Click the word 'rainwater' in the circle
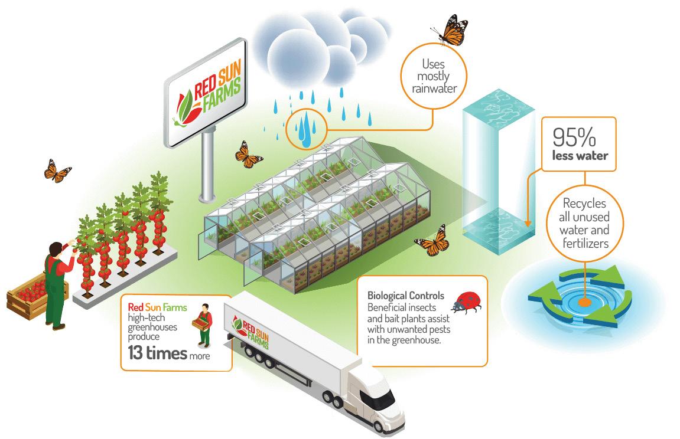point(433,89)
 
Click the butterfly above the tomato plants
point(57,171)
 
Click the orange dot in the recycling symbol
point(584,303)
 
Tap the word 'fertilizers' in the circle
point(584,242)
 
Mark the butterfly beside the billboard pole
point(249,154)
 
